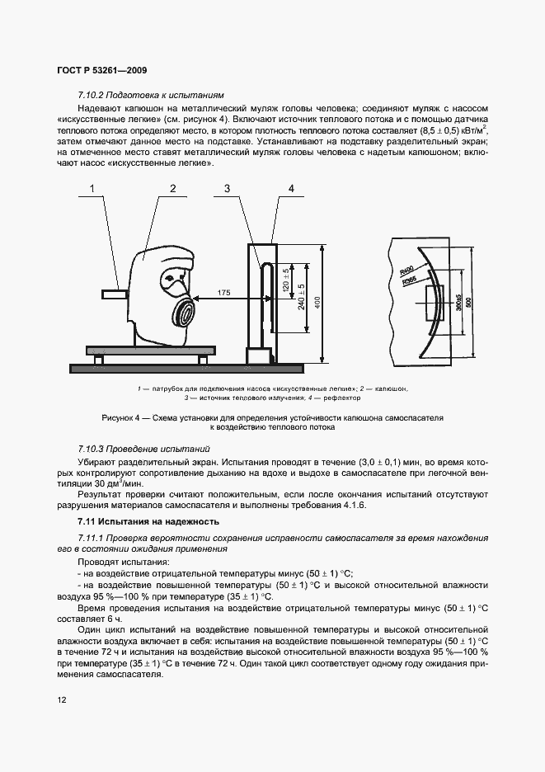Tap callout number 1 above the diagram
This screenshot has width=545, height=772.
click(x=93, y=189)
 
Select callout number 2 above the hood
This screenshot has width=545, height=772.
click(x=173, y=189)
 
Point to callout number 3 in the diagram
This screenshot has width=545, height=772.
click(x=226, y=189)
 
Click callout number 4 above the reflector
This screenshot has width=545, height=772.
click(x=291, y=189)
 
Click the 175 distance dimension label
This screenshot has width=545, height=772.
click(x=223, y=292)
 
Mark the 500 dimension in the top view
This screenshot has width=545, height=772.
click(x=469, y=301)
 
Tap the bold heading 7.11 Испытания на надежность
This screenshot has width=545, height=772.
click(x=148, y=521)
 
